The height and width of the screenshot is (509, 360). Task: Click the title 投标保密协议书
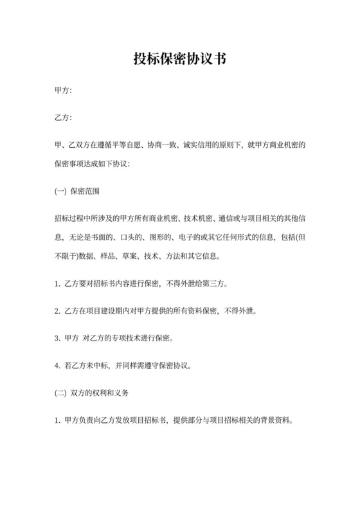coord(179,59)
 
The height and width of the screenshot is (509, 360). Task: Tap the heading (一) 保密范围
coord(76,191)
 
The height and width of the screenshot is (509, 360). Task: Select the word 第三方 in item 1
coord(212,283)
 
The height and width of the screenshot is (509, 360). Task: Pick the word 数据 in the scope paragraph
coord(84,258)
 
